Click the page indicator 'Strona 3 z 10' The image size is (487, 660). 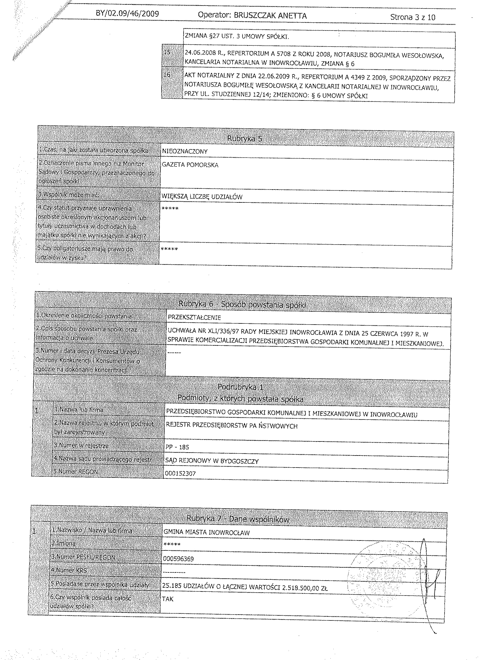[x=412, y=17]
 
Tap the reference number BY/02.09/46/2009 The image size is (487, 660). [x=127, y=14]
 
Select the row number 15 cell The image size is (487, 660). [x=168, y=52]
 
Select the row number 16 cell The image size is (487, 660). [x=167, y=75]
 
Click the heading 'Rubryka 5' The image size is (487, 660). [x=245, y=139]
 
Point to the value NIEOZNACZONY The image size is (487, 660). [x=185, y=152]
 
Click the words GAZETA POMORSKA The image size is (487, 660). [x=190, y=165]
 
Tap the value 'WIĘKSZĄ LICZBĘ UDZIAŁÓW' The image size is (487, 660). [x=202, y=197]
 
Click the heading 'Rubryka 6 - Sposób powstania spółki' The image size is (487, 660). [x=242, y=304]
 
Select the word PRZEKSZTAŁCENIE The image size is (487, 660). [x=194, y=318]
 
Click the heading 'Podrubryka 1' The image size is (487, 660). [x=241, y=387]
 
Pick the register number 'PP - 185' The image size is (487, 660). [x=177, y=447]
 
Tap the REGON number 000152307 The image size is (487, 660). [x=180, y=473]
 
